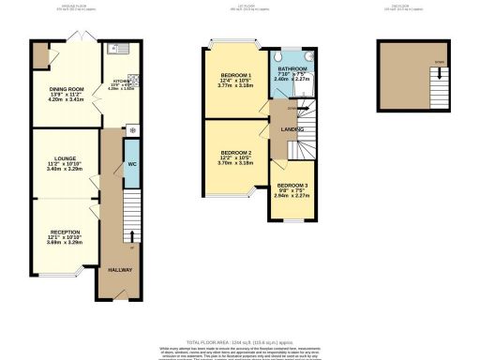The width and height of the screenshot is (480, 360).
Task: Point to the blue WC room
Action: tap(132, 163)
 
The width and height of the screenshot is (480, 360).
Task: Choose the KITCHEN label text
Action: tap(122, 81)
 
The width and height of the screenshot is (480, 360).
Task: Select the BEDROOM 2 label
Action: tap(236, 152)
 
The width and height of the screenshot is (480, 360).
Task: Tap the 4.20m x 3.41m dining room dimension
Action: tap(65, 100)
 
